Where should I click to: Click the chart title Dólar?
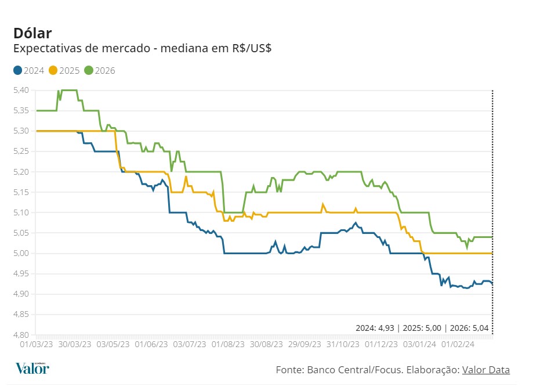(32, 33)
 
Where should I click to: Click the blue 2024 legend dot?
(17, 70)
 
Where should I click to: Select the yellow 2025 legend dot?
(53, 70)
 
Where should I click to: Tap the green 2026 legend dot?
(88, 70)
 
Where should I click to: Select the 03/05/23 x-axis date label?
(113, 344)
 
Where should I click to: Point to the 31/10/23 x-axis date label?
(342, 344)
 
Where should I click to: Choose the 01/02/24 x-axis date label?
(459, 344)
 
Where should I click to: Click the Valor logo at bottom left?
(32, 368)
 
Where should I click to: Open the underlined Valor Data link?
(486, 370)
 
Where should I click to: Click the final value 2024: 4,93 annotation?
(375, 328)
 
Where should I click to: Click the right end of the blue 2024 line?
(492, 283)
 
